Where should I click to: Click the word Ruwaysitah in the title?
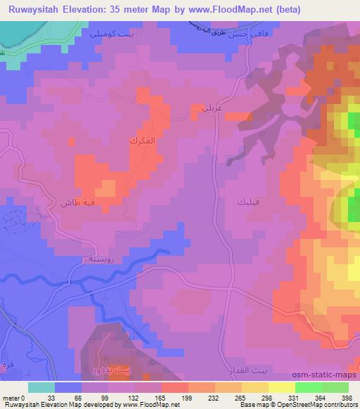35,10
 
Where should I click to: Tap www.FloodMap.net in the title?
248,10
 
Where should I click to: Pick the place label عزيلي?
202,109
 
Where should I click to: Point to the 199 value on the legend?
186,397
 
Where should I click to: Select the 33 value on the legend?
51,397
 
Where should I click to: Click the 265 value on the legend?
240,397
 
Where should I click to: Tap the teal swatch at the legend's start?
41,387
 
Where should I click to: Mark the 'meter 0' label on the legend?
15,397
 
